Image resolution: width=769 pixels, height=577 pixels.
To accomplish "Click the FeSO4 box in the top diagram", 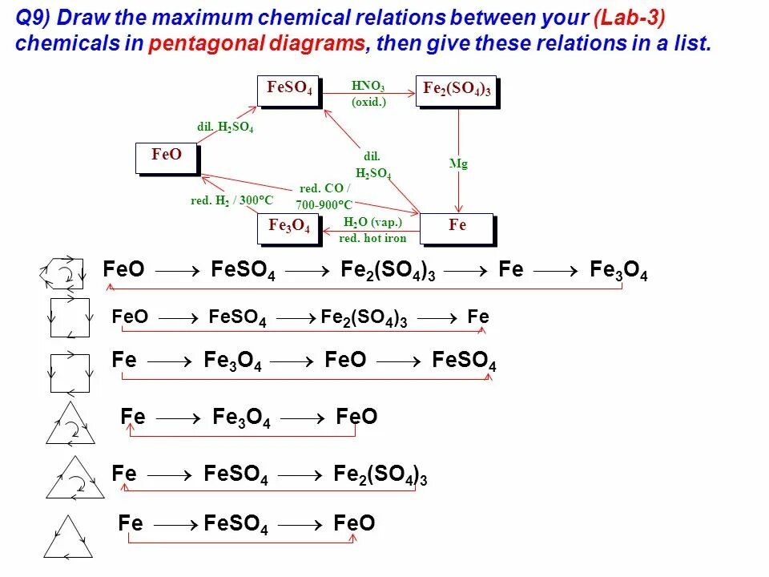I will (x=288, y=90).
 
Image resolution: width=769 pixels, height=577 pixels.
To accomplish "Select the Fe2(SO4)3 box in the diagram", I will (x=457, y=91).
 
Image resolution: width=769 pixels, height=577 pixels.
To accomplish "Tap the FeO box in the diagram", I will (x=167, y=155).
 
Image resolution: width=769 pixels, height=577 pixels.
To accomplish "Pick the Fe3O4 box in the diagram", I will (x=288, y=227).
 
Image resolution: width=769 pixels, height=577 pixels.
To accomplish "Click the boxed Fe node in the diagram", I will (x=457, y=227).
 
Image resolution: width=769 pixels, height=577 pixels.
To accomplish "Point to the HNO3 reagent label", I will (x=368, y=87).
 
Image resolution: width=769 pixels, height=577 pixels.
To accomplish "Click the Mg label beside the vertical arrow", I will (x=458, y=163).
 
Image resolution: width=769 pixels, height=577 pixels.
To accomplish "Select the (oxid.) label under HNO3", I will (x=368, y=102).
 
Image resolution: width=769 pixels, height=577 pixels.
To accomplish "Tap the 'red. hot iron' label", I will (x=372, y=238).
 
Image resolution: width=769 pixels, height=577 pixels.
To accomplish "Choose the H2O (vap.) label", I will (x=372, y=222).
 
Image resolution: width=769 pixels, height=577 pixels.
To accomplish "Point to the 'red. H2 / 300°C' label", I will (x=232, y=200).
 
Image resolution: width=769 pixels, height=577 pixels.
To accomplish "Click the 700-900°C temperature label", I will (x=324, y=205).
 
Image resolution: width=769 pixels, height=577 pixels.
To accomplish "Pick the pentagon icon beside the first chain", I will (x=62, y=273).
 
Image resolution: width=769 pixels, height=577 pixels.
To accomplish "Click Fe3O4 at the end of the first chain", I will (x=618, y=271).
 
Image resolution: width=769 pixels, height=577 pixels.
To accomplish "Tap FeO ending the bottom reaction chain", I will (x=354, y=524).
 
